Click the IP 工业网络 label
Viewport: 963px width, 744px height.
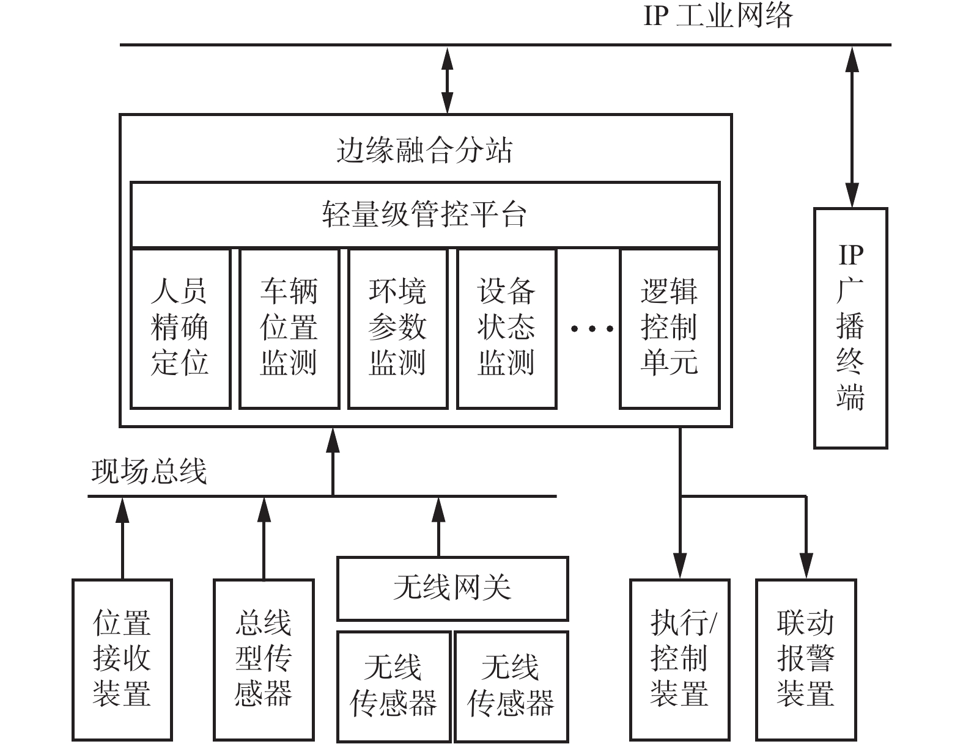718,15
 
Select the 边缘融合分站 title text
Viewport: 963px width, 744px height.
424,150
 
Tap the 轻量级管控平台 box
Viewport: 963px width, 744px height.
424,214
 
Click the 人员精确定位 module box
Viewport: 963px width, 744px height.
180,328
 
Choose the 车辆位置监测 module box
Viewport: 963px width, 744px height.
289,328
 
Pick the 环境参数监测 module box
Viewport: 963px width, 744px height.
398,328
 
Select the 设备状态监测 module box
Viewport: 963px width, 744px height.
507,328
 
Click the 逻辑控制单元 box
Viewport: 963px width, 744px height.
670,328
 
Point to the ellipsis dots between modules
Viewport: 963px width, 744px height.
592,329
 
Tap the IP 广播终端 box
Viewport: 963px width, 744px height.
850,328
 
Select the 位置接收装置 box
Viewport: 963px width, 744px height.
122,659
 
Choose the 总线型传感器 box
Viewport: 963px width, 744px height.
264,659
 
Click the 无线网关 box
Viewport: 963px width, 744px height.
452,588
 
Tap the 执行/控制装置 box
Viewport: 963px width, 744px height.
680,659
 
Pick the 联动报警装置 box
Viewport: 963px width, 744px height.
806,659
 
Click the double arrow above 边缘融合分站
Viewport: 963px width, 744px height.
448,79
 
